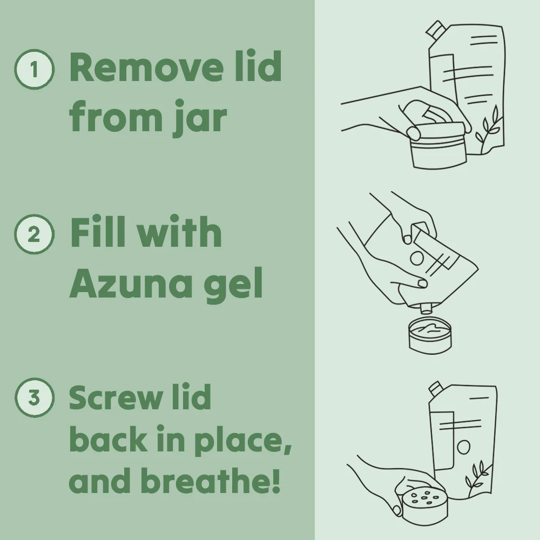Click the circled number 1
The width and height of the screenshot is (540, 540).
click(x=34, y=69)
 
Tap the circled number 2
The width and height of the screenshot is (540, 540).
click(x=34, y=235)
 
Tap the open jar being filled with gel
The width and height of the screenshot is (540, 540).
click(x=430, y=335)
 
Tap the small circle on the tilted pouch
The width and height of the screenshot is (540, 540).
click(x=416, y=258)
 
